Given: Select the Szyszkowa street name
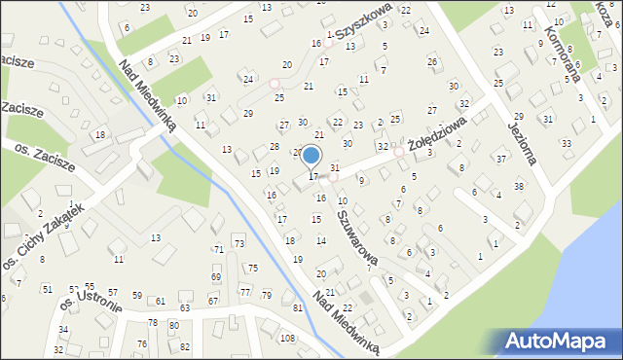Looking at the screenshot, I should pos(365,21).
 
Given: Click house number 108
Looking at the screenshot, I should pos(287,339).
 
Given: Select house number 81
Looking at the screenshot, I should pos(297,308).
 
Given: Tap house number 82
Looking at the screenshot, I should pos(185,346).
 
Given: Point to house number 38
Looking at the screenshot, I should pos(519,186).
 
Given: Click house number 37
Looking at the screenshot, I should pos(501,159).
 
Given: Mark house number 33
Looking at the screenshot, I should pos(567,143).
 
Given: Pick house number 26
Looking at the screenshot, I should pos(432,62).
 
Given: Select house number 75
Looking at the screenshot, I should pos(253,268).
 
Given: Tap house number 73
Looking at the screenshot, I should pos(239,241).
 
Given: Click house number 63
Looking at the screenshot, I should pos(184,308).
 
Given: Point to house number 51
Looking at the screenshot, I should pos(47,289).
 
